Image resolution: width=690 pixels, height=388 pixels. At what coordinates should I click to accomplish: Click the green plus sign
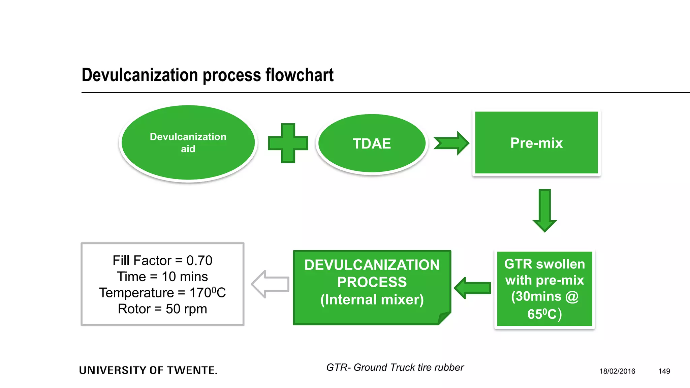click(x=288, y=143)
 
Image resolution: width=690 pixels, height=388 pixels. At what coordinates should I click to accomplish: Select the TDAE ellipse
click(x=372, y=143)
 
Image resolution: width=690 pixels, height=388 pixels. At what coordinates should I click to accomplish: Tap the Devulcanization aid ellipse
click(x=188, y=143)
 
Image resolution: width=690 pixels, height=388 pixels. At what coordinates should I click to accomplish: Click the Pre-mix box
click(x=536, y=143)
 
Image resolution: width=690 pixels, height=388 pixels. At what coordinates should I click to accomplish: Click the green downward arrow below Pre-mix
click(x=544, y=210)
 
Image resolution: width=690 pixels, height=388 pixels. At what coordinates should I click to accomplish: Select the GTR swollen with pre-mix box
click(x=544, y=289)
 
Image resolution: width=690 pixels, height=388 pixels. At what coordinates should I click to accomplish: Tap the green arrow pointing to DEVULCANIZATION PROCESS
click(x=472, y=288)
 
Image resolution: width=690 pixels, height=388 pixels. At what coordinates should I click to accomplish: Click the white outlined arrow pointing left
click(x=271, y=284)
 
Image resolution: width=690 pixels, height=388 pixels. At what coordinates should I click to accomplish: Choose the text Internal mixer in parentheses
click(x=372, y=300)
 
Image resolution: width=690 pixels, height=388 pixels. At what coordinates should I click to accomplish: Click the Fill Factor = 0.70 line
click(x=162, y=260)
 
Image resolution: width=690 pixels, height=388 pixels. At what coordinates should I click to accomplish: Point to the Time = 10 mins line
click(x=162, y=277)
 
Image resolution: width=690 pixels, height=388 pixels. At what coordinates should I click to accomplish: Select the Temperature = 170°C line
click(x=162, y=293)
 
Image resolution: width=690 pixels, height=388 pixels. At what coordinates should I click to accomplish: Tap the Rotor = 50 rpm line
click(x=162, y=309)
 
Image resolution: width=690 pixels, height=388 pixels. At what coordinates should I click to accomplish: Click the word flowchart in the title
click(x=299, y=75)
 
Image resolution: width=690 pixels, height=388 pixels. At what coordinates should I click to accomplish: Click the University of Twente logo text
click(x=148, y=370)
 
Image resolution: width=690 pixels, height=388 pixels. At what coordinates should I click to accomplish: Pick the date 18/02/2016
click(x=617, y=371)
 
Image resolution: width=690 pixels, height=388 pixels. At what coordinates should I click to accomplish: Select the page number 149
click(x=664, y=371)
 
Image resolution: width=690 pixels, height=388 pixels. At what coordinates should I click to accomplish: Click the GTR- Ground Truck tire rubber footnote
click(x=395, y=367)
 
